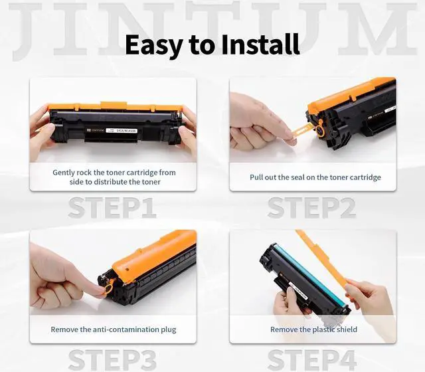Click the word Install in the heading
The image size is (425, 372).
263,45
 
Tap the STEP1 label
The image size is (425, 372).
112,207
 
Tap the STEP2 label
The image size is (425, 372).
311,207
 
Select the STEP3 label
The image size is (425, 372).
112,359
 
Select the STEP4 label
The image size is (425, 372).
312,359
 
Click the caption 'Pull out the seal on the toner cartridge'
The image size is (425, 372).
315,177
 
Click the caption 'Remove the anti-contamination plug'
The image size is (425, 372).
114,329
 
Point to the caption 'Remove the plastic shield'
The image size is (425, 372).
313,329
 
